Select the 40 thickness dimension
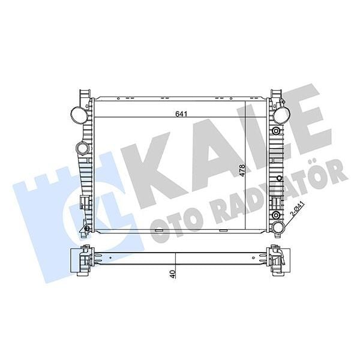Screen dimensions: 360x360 pyautogui.click(x=172, y=274)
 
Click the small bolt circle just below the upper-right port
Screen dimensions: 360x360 pyautogui.click(x=275, y=131)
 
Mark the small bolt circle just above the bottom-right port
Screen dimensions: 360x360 pyautogui.click(x=275, y=214)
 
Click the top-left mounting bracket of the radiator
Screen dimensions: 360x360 pyautogui.click(x=83, y=96)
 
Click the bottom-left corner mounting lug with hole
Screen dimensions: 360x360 pyautogui.click(x=86, y=229)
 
